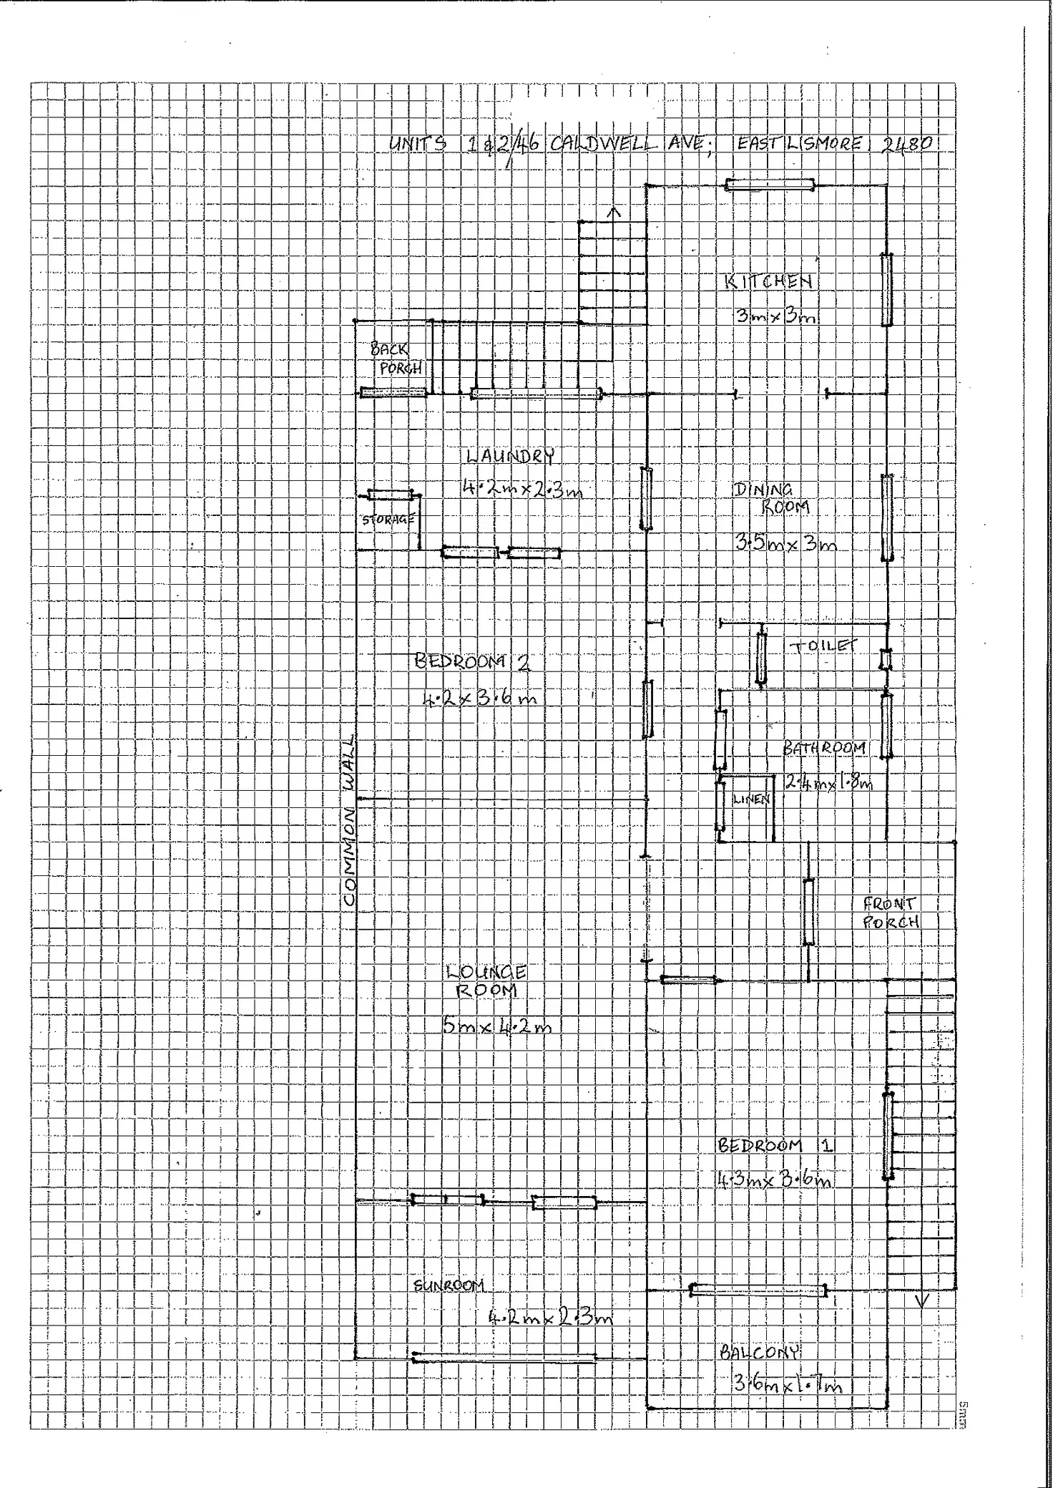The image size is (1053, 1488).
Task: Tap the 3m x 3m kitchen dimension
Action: pyautogui.click(x=776, y=315)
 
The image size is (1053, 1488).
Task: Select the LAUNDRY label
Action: pyautogui.click(x=510, y=456)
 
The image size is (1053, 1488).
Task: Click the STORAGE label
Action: pyautogui.click(x=388, y=520)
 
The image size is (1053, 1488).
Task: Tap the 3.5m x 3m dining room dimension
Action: pyautogui.click(x=785, y=543)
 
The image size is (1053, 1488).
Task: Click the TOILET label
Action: pyautogui.click(x=823, y=646)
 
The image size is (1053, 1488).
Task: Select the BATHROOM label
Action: pyautogui.click(x=824, y=749)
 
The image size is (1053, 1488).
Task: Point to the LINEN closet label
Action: pyautogui.click(x=751, y=799)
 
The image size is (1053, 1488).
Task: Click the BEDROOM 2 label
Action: pyautogui.click(x=472, y=661)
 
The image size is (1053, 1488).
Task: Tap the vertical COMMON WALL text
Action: pyautogui.click(x=349, y=820)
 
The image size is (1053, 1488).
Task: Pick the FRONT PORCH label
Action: pyautogui.click(x=890, y=913)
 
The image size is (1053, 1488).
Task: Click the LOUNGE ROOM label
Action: pyautogui.click(x=486, y=981)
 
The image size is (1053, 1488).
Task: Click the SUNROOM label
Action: pyautogui.click(x=449, y=1286)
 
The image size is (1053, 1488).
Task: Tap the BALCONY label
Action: pyautogui.click(x=759, y=1352)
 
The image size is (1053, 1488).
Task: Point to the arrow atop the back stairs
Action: pyautogui.click(x=613, y=212)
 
